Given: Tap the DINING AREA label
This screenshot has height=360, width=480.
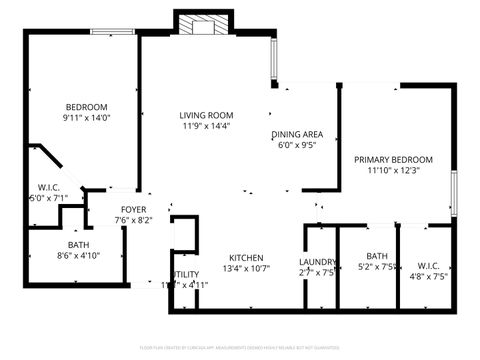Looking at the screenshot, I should pos(297,134).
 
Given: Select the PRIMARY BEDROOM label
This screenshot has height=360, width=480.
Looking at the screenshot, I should pos(393,159).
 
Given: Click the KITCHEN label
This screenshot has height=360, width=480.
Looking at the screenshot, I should pos(245,257).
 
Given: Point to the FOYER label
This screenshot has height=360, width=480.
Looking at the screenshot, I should pos(134,209).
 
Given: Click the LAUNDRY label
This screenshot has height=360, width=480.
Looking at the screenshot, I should pos(318,264).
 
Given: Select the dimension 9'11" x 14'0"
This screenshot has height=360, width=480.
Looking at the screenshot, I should pos(86,118).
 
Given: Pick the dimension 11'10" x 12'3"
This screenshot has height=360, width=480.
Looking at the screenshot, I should pos(393,171).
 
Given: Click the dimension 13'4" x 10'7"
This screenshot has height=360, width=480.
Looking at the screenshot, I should pos(245,268).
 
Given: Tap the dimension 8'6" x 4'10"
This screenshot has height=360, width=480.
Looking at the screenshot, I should pos(78,255).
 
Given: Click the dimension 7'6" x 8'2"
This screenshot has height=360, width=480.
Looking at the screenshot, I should pos(133,220).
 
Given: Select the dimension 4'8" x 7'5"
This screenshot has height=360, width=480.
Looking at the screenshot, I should pos(427,276).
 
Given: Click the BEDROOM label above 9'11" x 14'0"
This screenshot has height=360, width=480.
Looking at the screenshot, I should pos(86,107).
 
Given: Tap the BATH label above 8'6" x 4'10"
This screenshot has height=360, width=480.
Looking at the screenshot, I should pos(78,244).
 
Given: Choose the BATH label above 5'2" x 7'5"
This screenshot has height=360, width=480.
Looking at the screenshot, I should pos(377,256).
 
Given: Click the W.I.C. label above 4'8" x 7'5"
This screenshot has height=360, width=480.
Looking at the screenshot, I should pos(427,265).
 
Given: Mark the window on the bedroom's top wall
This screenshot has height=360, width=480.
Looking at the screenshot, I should pos(113,31).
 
